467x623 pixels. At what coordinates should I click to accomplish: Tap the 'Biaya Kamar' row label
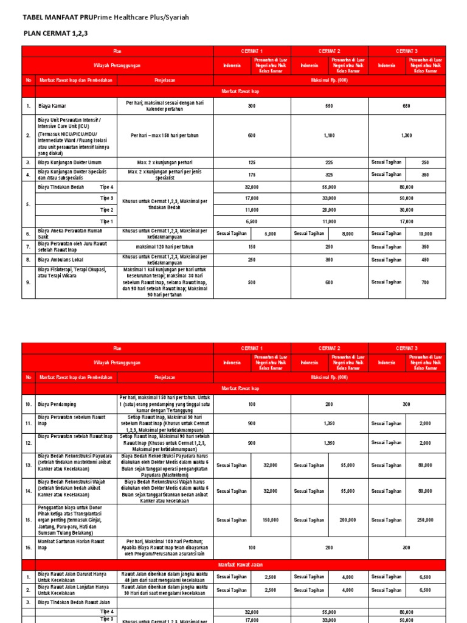click(x=53, y=106)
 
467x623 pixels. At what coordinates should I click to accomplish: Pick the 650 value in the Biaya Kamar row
click(x=406, y=106)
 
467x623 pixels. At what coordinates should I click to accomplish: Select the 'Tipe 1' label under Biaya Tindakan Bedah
click(x=106, y=221)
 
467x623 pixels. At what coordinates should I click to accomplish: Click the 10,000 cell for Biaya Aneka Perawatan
click(x=425, y=234)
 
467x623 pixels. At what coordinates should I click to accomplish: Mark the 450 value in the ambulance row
click(x=425, y=260)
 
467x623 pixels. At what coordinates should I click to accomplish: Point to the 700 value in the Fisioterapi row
click(x=425, y=282)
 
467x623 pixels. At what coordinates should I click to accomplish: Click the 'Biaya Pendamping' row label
click(x=59, y=404)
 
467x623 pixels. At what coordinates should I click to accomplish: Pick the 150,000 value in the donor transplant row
click(x=270, y=520)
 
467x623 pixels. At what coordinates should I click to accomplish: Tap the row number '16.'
click(x=28, y=548)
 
